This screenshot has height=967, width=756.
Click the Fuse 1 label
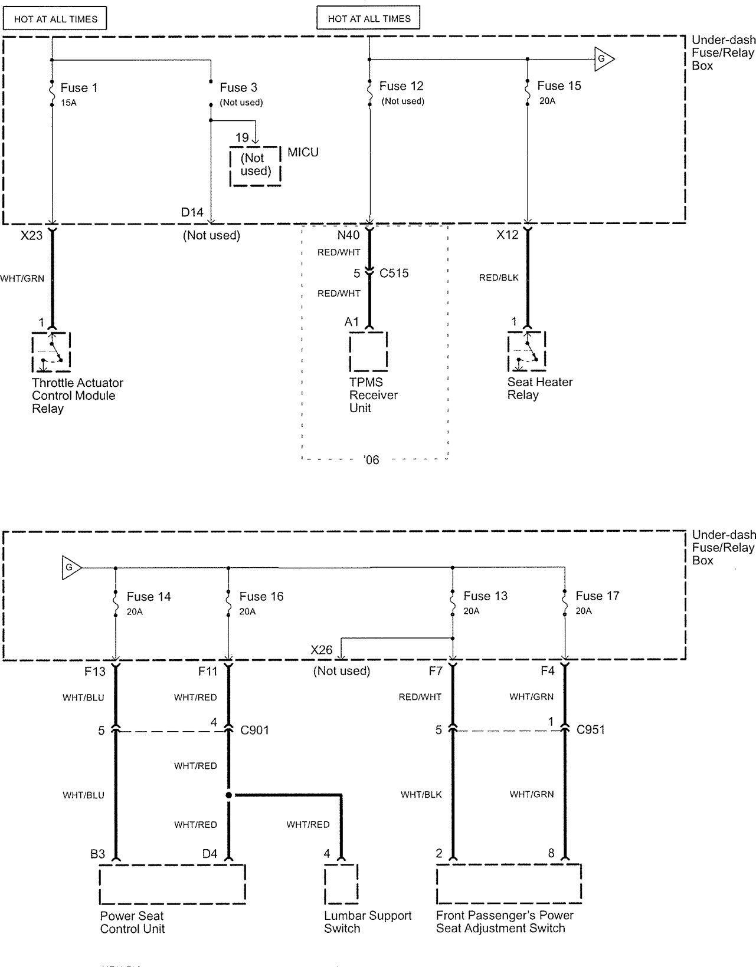[x=79, y=88]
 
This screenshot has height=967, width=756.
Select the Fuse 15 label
[x=559, y=86]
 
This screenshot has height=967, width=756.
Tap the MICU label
[x=303, y=152]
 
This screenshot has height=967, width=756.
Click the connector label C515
[x=394, y=273]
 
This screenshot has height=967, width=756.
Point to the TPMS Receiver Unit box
[x=368, y=351]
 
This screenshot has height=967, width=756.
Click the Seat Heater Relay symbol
[x=526, y=351]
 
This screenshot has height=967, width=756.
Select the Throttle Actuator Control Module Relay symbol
[x=51, y=352]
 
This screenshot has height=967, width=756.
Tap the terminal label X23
[x=31, y=235]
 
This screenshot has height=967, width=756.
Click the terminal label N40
[x=348, y=235]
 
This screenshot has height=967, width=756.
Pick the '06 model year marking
[x=371, y=460]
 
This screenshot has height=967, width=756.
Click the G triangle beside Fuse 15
[x=604, y=59]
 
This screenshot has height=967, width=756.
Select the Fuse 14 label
[x=149, y=597]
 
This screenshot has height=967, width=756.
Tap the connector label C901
[x=255, y=730]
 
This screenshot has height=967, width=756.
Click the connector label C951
[x=590, y=730]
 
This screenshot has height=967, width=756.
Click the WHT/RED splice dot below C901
[x=228, y=795]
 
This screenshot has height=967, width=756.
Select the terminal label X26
[x=322, y=650]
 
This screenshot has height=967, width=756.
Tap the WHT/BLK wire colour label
[x=421, y=795]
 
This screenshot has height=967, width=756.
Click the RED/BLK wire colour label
[x=499, y=278]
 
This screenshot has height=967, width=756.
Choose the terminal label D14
[x=192, y=212]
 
